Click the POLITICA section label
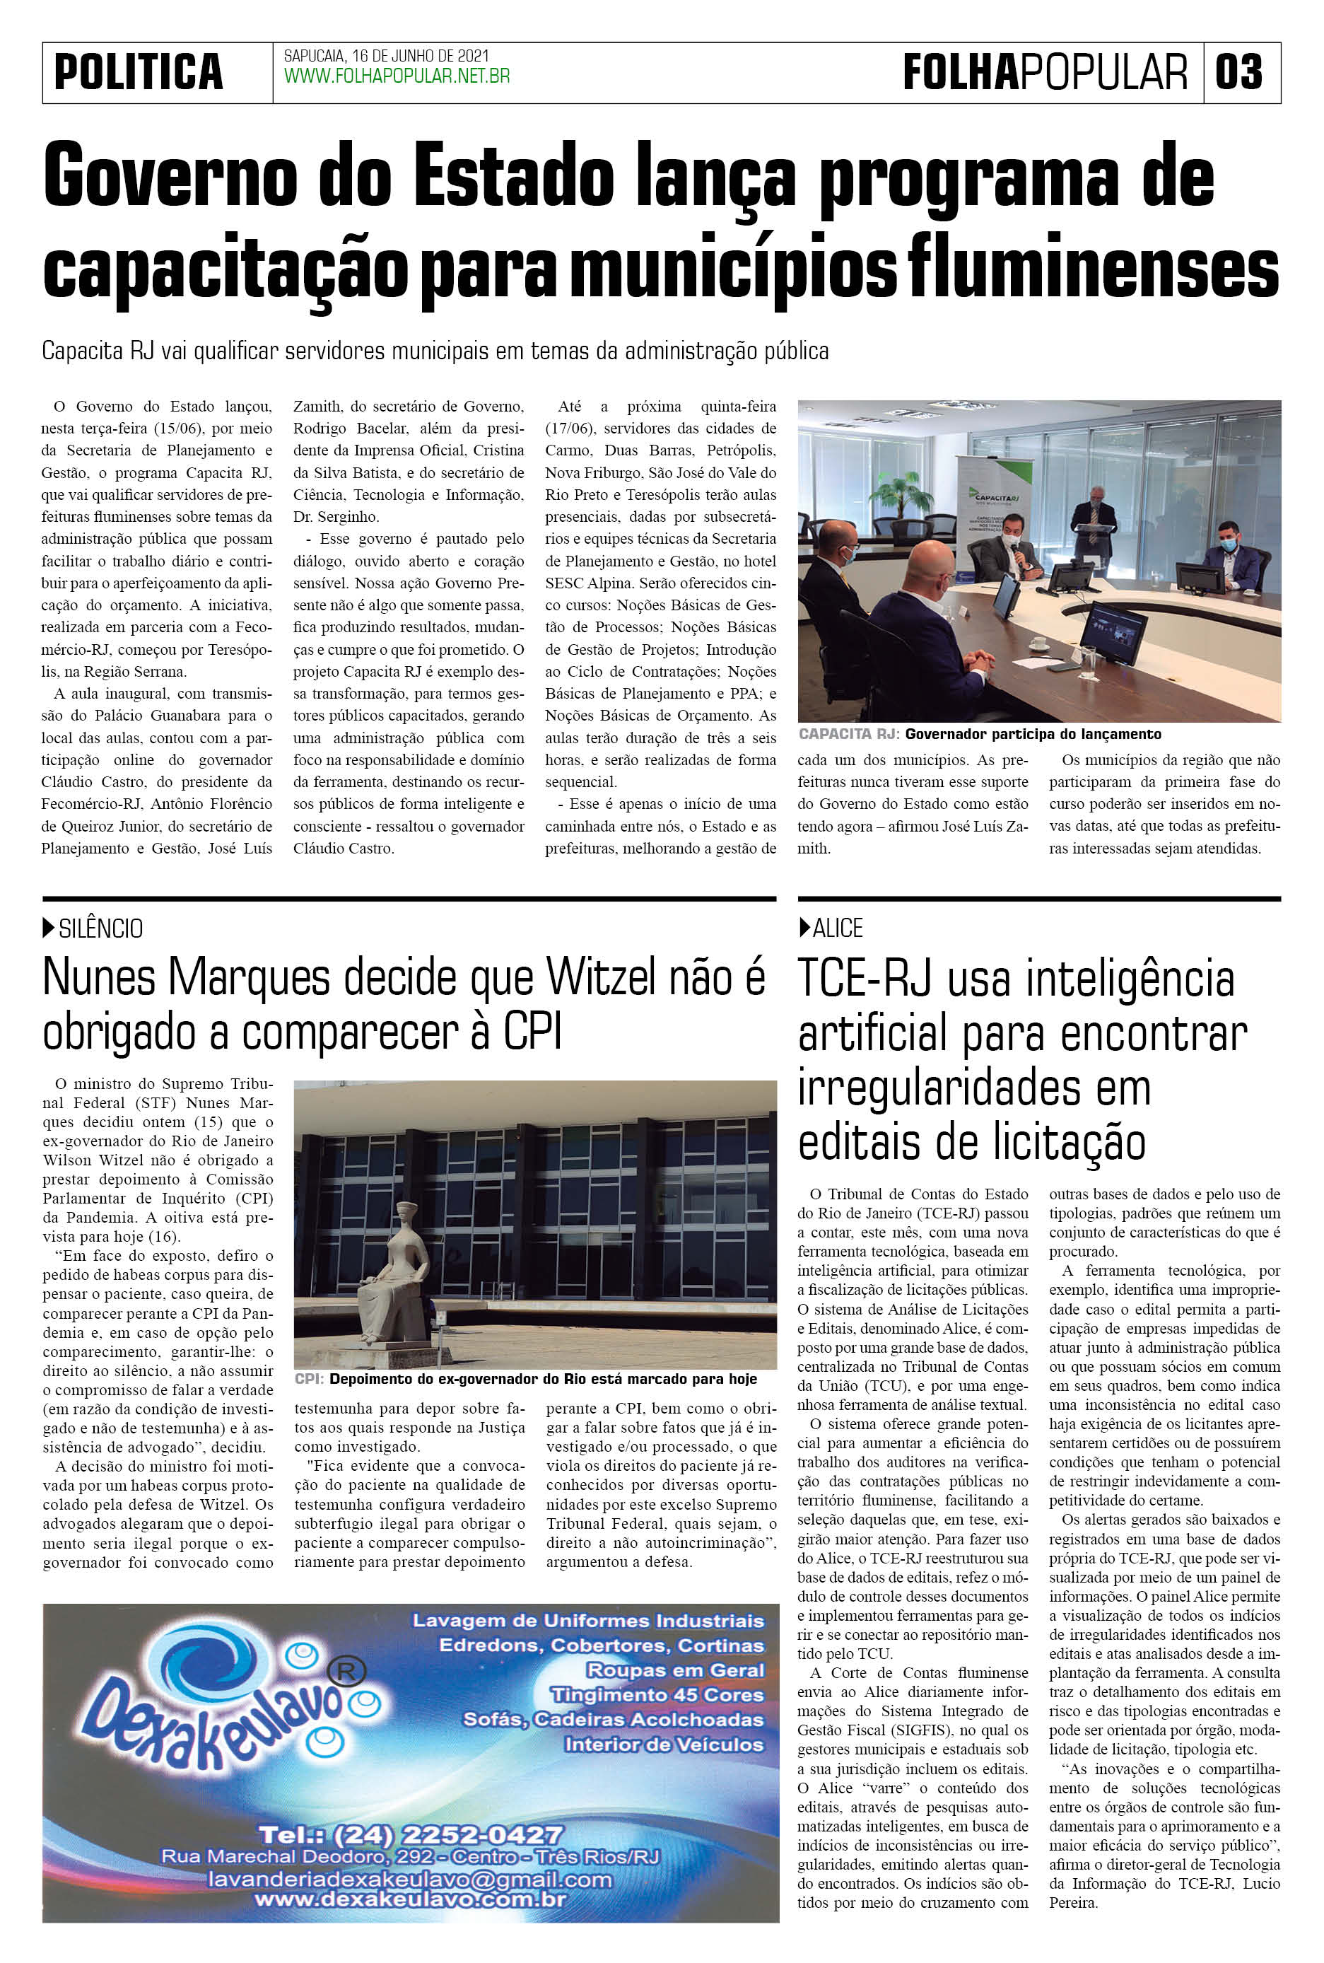[x=139, y=73]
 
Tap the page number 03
[x=1238, y=73]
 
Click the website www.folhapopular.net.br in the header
[x=397, y=77]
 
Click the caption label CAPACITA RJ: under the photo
[x=848, y=734]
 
